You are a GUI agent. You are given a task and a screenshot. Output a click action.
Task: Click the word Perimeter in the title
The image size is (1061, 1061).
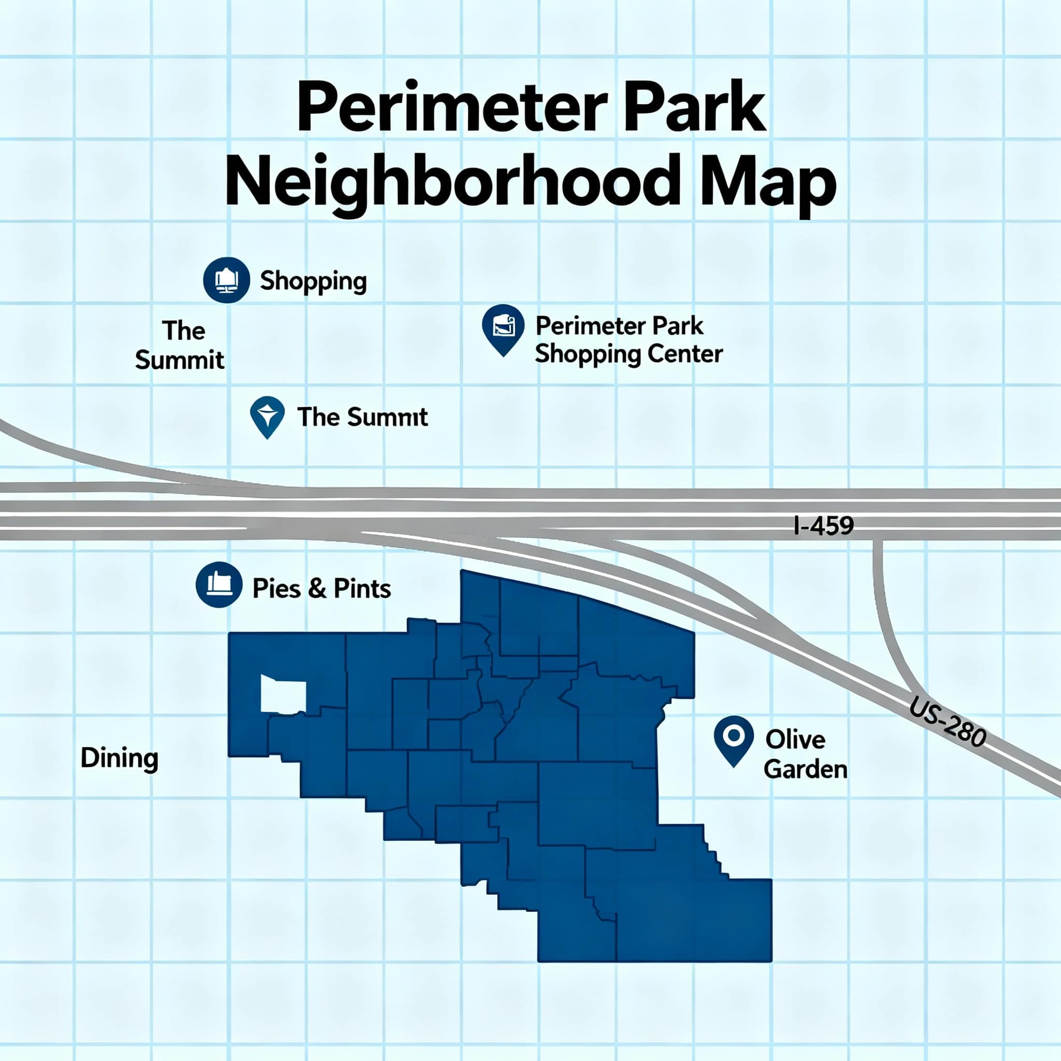tap(452, 107)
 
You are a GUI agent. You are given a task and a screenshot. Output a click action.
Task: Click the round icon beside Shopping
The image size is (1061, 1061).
tap(226, 280)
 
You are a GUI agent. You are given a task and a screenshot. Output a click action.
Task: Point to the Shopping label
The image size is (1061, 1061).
tap(313, 281)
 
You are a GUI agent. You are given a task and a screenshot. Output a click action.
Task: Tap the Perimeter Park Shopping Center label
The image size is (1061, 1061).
tap(628, 340)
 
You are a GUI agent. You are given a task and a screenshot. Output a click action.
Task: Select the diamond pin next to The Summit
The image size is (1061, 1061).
tap(267, 415)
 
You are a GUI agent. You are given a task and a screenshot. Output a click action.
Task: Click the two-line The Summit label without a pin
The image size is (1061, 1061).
tap(180, 346)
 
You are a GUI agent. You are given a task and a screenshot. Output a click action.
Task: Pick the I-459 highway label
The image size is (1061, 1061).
tap(824, 525)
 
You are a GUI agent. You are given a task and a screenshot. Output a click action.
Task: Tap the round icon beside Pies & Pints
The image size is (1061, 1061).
tap(219, 584)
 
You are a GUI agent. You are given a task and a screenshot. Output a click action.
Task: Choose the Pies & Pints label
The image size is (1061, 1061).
tap(321, 589)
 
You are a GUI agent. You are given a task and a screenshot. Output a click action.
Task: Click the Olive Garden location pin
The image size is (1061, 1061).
tap(733, 737)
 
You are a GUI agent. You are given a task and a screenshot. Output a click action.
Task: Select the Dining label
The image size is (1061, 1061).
tap(119, 758)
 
